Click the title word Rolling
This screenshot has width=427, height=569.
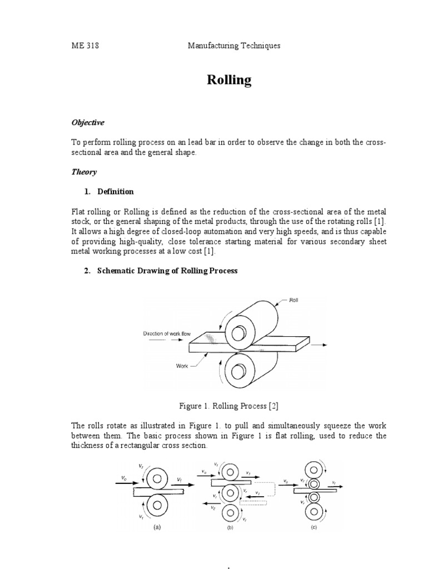229,80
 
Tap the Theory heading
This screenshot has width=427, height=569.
83,172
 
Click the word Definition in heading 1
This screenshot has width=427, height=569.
116,192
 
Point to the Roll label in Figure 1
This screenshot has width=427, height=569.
294,300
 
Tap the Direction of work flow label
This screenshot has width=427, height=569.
167,333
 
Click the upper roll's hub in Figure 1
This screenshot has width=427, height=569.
239,333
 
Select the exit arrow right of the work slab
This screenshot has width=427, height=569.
318,345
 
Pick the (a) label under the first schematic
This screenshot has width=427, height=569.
157,528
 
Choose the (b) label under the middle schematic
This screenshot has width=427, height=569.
230,528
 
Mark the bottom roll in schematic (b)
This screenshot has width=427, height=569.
230,511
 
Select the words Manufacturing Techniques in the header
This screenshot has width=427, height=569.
234,46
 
